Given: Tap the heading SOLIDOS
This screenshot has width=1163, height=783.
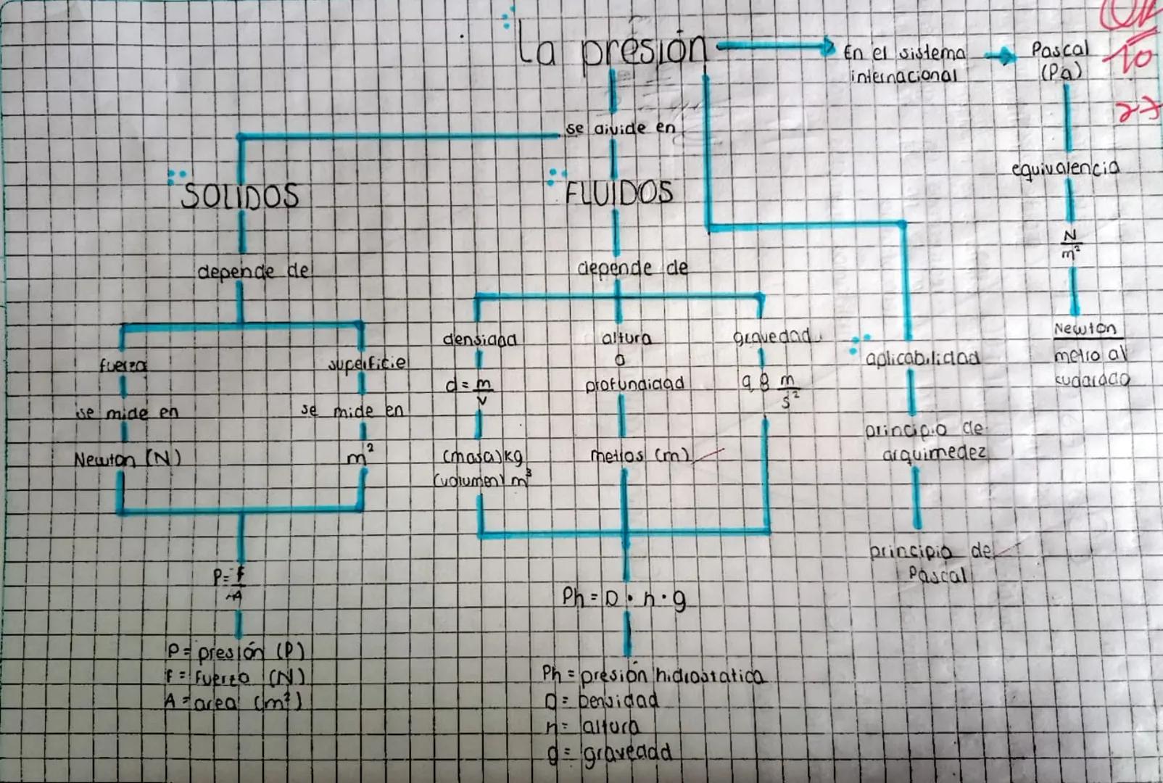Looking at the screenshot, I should click(240, 196).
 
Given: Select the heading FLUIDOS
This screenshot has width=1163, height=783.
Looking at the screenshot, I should click(619, 193).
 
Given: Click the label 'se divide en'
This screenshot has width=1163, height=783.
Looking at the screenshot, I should click(621, 129).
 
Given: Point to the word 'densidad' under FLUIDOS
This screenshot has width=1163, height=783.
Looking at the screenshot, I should click(479, 339).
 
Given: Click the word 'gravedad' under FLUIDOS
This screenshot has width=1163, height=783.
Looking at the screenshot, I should click(771, 337).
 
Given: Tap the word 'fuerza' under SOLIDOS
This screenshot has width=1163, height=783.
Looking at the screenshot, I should click(123, 366).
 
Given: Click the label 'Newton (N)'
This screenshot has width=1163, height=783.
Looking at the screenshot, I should click(127, 459).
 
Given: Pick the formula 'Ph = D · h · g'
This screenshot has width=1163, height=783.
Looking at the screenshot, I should click(624, 598).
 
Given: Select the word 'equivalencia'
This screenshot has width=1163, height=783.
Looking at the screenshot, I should click(1065, 169).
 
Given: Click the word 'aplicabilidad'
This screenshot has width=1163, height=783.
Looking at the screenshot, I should click(922, 358).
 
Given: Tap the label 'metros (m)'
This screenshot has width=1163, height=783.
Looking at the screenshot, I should click(640, 456).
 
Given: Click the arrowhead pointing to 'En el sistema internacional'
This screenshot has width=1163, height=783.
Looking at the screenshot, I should click(827, 48).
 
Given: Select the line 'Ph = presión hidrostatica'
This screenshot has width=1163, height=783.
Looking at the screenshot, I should click(653, 675).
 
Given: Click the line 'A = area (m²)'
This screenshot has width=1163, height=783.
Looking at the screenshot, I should click(233, 702).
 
